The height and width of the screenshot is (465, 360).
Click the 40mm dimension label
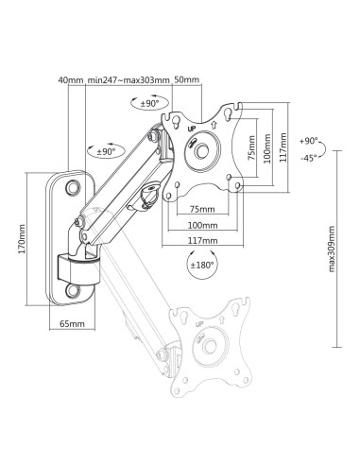pyautogui.click(x=71, y=79)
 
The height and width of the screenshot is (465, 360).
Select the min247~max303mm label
pyautogui.click(x=129, y=79)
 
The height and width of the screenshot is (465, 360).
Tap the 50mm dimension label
pyautogui.click(x=187, y=79)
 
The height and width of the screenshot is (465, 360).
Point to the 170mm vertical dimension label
pyautogui.click(x=22, y=239)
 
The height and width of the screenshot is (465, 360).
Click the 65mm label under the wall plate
pyautogui.click(x=72, y=323)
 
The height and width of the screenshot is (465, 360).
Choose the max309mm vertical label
pyautogui.click(x=332, y=249)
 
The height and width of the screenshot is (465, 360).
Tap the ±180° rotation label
pyautogui.click(x=202, y=265)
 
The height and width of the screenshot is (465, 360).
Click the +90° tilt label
pyautogui.click(x=309, y=141)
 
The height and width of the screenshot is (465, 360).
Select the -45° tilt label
pyautogui.click(x=308, y=158)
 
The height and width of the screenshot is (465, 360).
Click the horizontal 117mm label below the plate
pyautogui.click(x=203, y=241)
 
